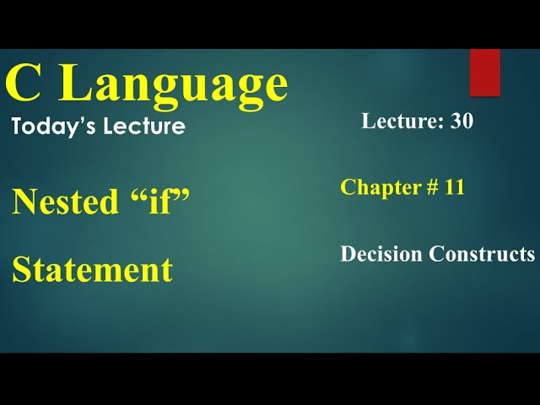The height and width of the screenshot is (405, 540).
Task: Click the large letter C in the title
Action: pos(24,84)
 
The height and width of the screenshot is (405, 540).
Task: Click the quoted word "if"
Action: pos(159,202)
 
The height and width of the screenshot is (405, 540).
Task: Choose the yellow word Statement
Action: pos(92,270)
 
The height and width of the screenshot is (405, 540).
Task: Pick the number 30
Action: pos(462,121)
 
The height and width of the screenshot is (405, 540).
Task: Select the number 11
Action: pos(454,187)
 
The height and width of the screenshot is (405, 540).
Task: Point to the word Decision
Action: pos(381,254)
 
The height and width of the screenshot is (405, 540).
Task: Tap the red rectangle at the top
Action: pos(485,72)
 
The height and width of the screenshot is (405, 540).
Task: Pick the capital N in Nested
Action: pos(23,202)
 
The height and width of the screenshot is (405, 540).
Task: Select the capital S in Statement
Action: pos(21,270)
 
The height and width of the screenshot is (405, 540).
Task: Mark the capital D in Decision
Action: pos(347,254)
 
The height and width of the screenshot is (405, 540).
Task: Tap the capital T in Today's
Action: pos(18,127)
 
